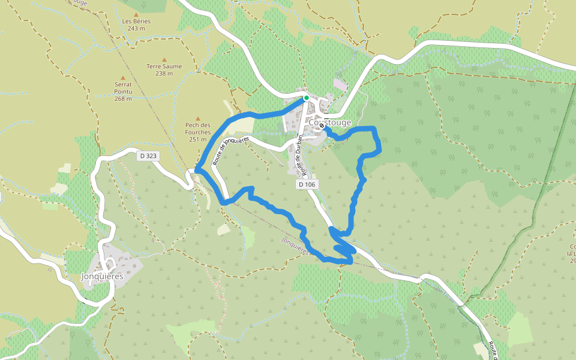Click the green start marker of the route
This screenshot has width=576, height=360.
pos(306,98)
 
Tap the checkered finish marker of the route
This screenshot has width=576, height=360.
pos(322,127)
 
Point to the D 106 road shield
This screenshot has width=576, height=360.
pos(306,185)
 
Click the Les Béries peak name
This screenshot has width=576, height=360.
pos(136,21)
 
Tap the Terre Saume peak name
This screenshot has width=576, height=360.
pos(164,67)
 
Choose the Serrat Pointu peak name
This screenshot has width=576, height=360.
pos(123,88)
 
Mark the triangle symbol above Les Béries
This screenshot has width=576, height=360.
pos(136,14)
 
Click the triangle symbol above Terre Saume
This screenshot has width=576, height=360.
pos(164,59)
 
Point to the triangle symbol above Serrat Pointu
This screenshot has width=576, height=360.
pos(123,77)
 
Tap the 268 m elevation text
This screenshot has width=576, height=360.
pos(123,99)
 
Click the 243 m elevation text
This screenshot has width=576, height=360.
pos(136,28)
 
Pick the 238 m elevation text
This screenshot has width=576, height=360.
pos(164,74)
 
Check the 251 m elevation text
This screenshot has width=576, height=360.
pos(198,139)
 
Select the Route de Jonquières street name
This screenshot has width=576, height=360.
pos(236,137)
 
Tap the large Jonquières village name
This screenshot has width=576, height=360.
pos(102,277)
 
